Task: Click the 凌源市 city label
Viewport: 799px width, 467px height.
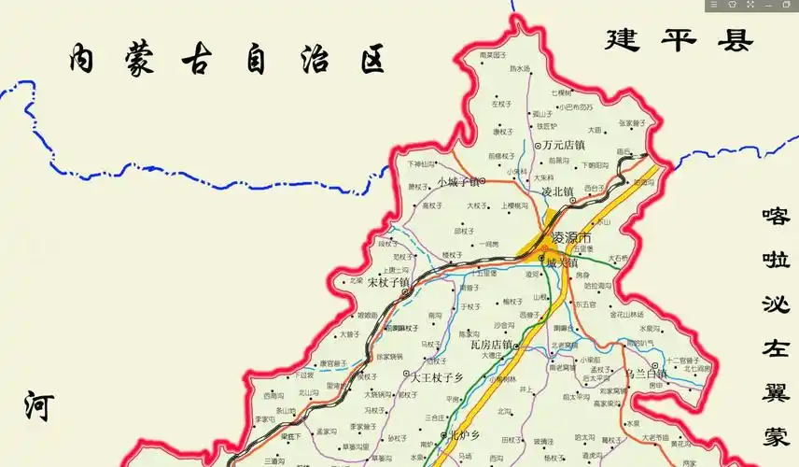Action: point(572,236)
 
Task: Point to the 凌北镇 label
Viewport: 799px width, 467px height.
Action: point(557,192)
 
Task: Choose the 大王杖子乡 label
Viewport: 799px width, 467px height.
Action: point(438,377)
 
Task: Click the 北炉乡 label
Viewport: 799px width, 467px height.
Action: point(464,435)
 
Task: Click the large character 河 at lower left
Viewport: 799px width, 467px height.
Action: point(39,407)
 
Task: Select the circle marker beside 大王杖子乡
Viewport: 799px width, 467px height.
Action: point(406,377)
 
